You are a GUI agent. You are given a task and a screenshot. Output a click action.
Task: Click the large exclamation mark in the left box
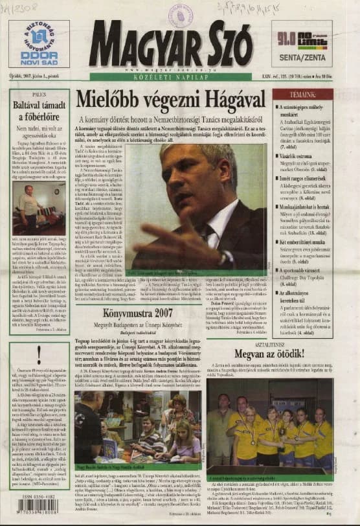pos(39,353)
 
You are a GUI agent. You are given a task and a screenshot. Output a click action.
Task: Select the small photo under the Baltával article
pos(38,208)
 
